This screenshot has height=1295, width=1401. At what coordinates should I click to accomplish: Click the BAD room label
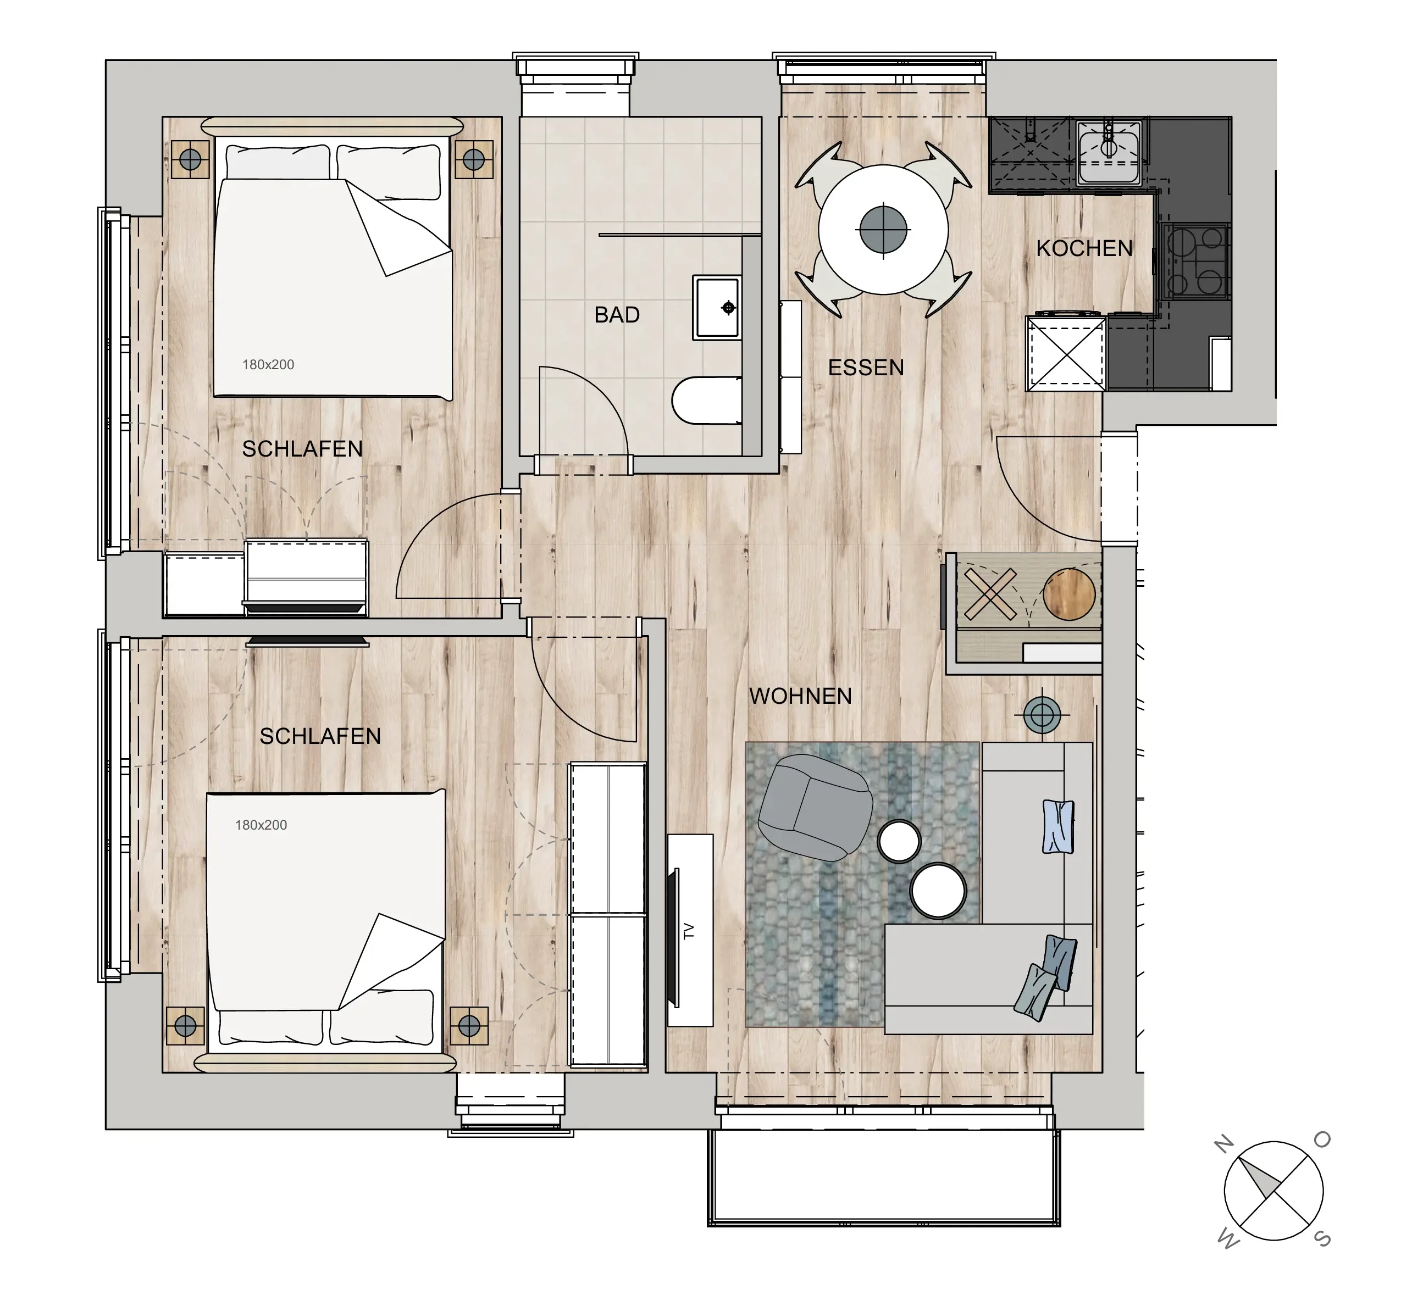[617, 315]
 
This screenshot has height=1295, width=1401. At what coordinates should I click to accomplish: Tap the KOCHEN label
[1084, 248]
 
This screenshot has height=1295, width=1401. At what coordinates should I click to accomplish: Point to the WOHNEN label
[800, 696]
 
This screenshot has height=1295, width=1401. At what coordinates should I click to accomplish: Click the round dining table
[883, 229]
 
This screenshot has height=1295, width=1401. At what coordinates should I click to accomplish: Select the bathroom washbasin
[717, 308]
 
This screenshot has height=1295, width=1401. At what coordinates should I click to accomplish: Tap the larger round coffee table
[938, 890]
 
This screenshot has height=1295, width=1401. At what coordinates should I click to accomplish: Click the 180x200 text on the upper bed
[268, 364]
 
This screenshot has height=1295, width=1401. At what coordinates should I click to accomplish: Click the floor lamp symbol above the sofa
[1042, 715]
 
